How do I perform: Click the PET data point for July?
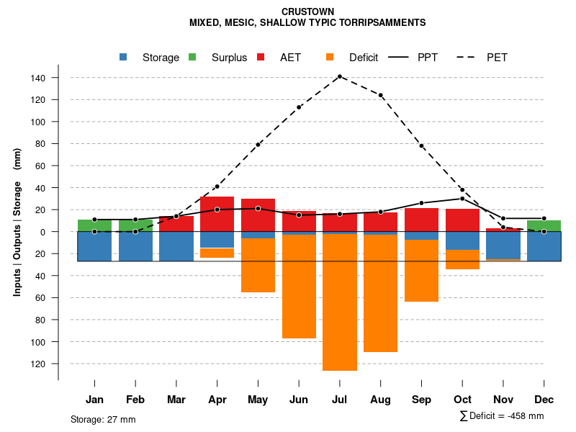[x=339, y=76]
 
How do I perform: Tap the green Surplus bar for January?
[x=94, y=225]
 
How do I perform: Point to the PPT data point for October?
[x=462, y=198]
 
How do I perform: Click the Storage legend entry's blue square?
[x=124, y=58]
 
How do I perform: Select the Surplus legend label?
[x=229, y=58]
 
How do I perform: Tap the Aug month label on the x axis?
[x=380, y=400]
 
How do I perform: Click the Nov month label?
[x=503, y=400]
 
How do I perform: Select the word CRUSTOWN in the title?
[x=307, y=12]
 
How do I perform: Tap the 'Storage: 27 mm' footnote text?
[x=103, y=419]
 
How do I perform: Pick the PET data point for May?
[x=258, y=145]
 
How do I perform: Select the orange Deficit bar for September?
[x=421, y=271]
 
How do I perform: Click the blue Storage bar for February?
[x=135, y=246]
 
